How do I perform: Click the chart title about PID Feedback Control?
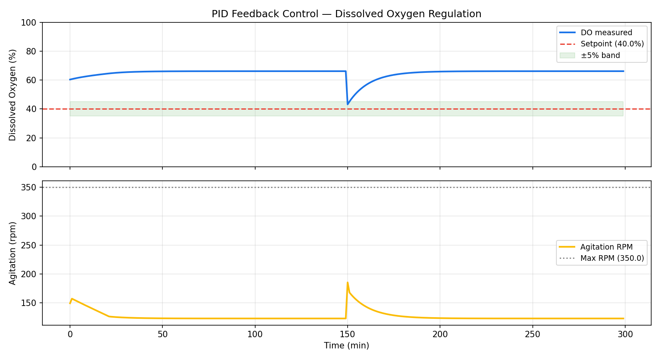(346, 14)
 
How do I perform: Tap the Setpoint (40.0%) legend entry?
(612, 44)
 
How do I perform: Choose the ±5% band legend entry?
(600, 56)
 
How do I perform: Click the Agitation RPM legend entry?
(606, 247)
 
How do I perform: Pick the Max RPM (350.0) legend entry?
(612, 258)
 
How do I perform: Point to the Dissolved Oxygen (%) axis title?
(12, 95)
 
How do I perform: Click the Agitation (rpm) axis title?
(12, 253)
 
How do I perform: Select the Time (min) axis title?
(346, 346)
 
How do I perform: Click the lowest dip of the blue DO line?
(348, 104)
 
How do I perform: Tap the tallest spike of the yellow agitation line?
(348, 282)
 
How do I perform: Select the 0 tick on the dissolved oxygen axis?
(34, 167)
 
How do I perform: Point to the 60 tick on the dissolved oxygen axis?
(32, 80)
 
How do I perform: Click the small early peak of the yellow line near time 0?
(72, 298)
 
